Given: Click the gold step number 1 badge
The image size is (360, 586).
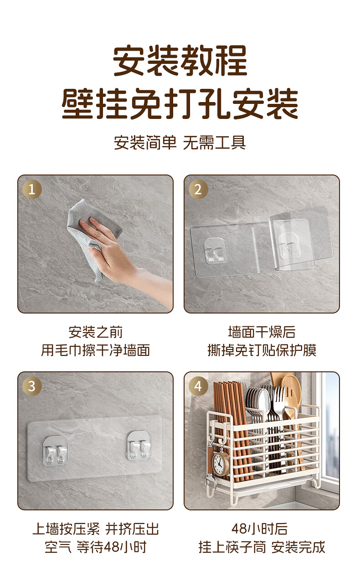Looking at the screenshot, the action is tap(32, 189).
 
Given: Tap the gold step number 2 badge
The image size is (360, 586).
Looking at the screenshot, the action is tap(198, 189).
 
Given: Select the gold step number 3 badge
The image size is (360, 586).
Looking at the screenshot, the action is tap(32, 386).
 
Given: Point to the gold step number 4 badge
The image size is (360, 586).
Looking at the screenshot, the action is tap(198, 386).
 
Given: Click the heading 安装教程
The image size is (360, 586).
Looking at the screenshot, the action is tap(180, 61).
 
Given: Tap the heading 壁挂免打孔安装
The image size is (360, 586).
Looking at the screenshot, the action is tap(180, 103).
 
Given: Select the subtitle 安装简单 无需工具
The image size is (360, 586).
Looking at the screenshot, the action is tap(180, 143).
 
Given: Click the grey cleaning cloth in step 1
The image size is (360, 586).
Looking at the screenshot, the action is tap(92, 236).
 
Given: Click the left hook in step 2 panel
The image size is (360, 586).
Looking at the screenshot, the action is tap(216, 251).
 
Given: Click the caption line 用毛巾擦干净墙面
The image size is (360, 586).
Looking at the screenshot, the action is tap(96, 350).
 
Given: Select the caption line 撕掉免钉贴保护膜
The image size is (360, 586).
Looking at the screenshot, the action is tap(262, 350).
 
